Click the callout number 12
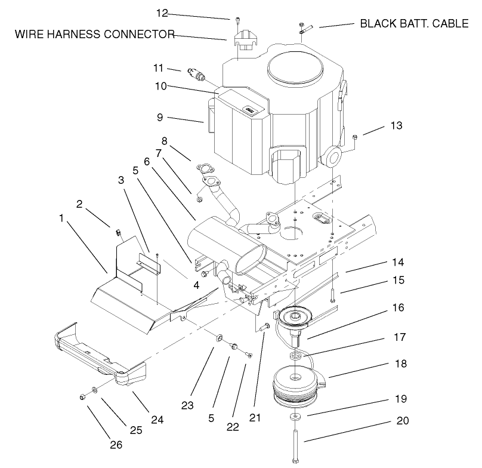(x=162, y=13)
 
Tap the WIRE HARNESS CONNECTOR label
(x=94, y=34)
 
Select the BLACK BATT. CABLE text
(x=414, y=24)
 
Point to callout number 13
(x=396, y=126)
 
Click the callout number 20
(x=403, y=420)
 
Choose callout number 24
(x=156, y=420)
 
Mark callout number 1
(x=61, y=218)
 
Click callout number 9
(x=159, y=118)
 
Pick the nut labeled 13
(x=354, y=138)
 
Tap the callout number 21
(x=255, y=418)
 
